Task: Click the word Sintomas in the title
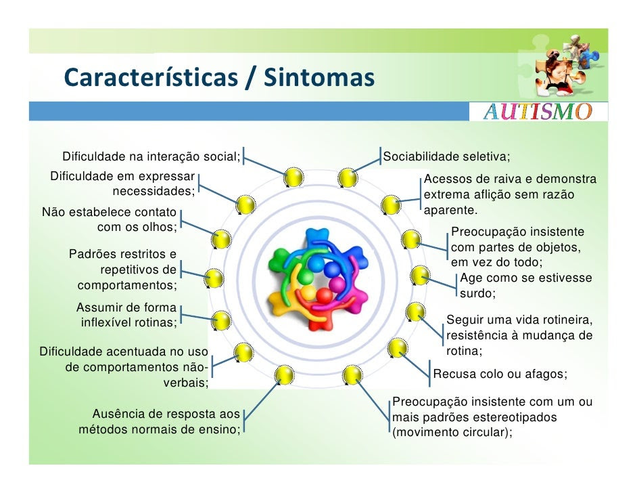(x=319, y=77)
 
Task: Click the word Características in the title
(x=151, y=77)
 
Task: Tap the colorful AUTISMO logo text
(x=538, y=112)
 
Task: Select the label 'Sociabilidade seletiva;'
(x=446, y=156)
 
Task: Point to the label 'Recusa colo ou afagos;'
(x=500, y=374)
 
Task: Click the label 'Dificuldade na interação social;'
(x=151, y=156)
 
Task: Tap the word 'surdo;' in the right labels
(x=477, y=293)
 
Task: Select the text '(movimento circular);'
(x=452, y=432)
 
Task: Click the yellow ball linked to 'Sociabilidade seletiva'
(x=348, y=177)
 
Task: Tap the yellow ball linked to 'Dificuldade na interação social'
(x=293, y=177)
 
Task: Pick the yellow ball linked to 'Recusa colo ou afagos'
(x=397, y=348)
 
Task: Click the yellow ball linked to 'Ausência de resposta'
(x=284, y=374)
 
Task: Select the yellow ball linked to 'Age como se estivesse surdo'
(x=419, y=276)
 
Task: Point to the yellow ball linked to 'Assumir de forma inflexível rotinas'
(x=221, y=320)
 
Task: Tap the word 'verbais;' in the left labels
(x=186, y=383)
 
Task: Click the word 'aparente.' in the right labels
(x=450, y=211)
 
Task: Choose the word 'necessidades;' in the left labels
(x=154, y=191)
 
